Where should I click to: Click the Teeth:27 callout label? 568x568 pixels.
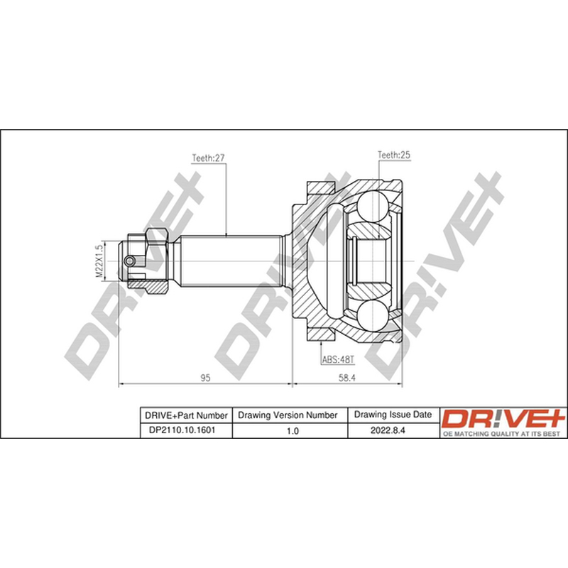point(208,158)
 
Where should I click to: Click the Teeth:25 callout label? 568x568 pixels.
point(394,155)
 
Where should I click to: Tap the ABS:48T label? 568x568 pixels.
point(338,360)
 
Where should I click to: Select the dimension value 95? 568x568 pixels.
point(205,378)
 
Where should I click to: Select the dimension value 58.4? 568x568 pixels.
point(347,378)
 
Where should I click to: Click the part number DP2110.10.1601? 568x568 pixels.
point(182,430)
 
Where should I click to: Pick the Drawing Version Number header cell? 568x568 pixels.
point(288,415)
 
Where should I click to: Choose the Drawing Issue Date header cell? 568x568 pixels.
point(393,415)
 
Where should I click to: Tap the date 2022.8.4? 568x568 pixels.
point(388,430)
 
